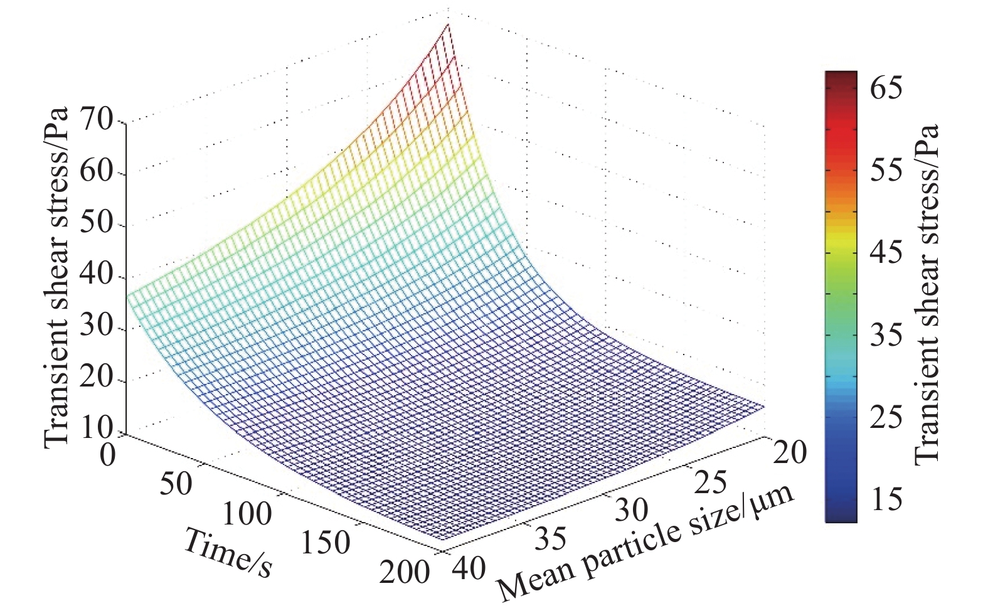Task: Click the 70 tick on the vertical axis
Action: tap(95, 120)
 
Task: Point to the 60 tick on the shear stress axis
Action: tap(95, 173)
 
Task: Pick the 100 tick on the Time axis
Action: tap(247, 514)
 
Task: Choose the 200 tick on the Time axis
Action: tap(405, 572)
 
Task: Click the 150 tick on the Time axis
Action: tap(325, 543)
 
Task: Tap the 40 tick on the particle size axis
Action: tap(468, 568)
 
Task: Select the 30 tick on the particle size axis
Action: tap(631, 509)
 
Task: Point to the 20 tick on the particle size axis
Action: tap(789, 452)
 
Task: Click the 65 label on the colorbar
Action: tap(886, 87)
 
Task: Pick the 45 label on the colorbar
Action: tap(886, 252)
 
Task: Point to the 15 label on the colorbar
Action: tap(886, 498)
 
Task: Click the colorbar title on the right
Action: tap(927, 294)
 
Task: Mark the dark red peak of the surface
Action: tap(448, 26)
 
